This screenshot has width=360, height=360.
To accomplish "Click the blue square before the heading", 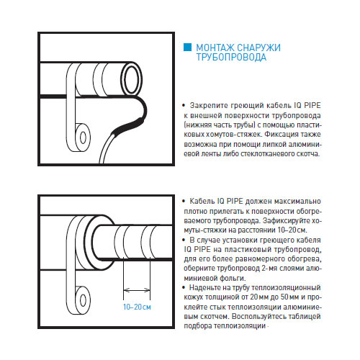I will tap(189, 48).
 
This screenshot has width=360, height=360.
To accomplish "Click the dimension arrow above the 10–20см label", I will tap(136, 292).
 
